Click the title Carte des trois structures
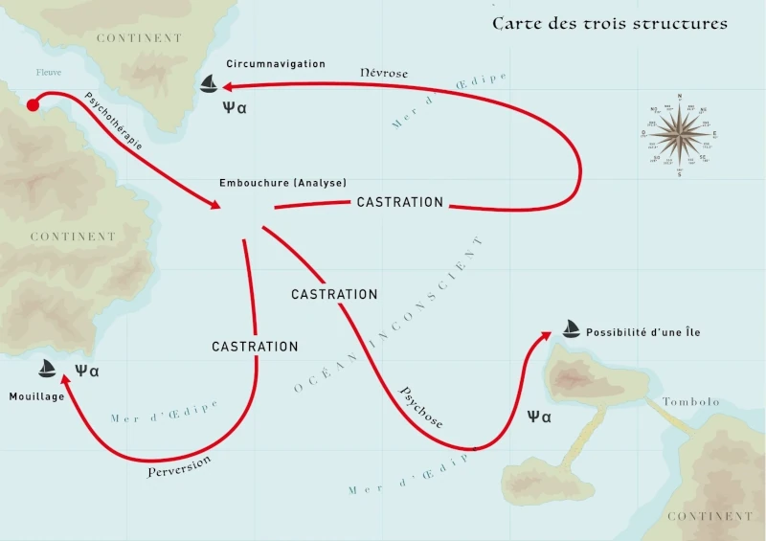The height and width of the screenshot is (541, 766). (x=609, y=23)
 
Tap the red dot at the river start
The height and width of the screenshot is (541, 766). (x=32, y=105)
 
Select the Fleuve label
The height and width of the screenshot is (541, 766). (x=48, y=73)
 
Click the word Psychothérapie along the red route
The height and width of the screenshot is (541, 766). (x=114, y=122)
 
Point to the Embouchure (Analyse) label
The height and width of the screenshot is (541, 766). (x=282, y=183)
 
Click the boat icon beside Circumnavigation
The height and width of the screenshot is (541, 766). (x=210, y=85)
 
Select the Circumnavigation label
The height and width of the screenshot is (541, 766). (x=276, y=64)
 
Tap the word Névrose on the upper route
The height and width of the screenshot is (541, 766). (x=383, y=73)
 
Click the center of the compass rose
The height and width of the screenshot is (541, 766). (x=680, y=131)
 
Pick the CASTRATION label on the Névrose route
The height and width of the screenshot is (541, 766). (x=399, y=202)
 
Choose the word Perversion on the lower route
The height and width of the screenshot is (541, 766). (x=179, y=466)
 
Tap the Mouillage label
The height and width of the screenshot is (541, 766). (x=37, y=396)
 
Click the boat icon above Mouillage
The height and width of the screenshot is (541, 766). (x=47, y=369)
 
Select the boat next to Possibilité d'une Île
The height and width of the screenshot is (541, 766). (x=571, y=329)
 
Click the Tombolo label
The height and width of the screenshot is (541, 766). (x=690, y=402)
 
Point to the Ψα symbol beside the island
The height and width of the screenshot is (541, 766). (x=540, y=417)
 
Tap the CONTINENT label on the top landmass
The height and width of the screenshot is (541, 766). (x=139, y=38)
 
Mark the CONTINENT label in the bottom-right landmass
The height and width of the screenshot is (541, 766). (x=710, y=516)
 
